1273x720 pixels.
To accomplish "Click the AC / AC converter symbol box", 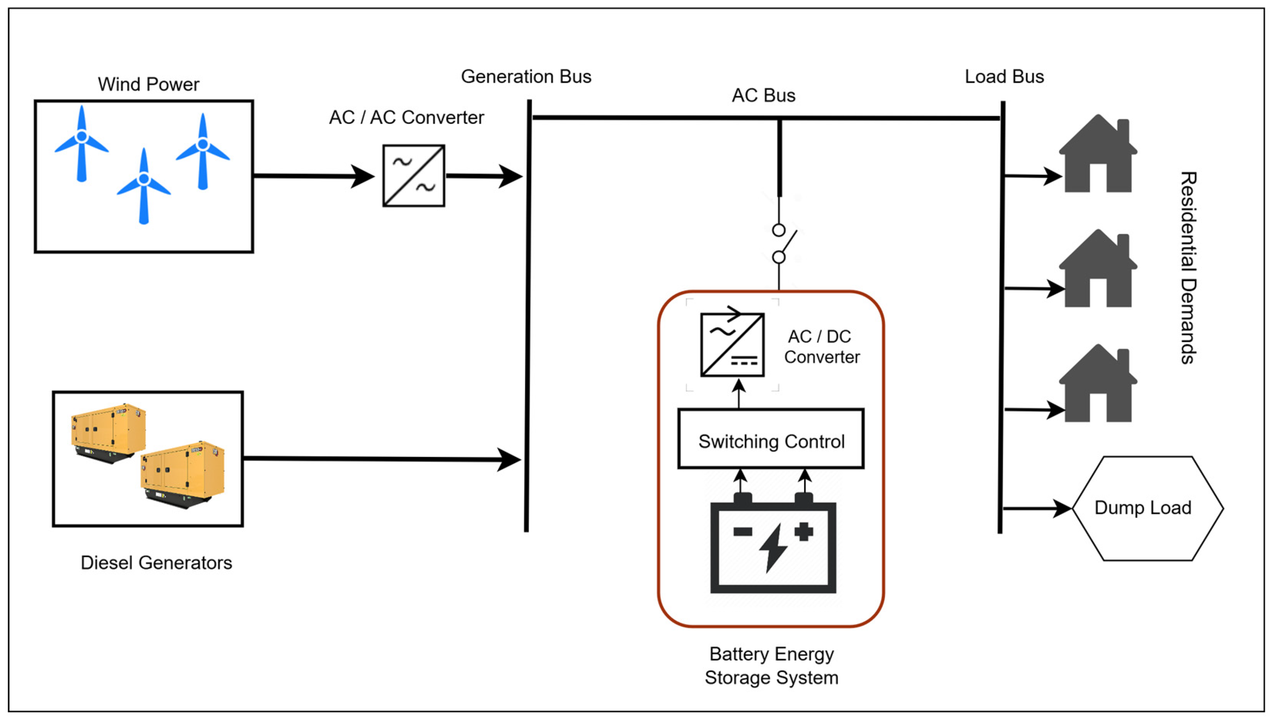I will point(414,175).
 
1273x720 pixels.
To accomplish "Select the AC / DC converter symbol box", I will point(732,345).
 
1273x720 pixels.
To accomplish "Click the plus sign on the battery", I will point(804,531).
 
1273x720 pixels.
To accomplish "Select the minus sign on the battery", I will point(743,531).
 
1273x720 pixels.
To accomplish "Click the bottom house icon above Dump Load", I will point(1098,384).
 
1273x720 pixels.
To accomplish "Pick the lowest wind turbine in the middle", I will point(144,186).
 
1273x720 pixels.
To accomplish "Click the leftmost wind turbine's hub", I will point(82,136).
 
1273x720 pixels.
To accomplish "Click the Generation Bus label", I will point(526,77).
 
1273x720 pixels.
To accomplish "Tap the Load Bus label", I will point(1004,77).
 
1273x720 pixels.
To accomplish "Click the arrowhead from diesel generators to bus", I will point(509,459).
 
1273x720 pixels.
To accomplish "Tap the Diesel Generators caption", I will point(156,563).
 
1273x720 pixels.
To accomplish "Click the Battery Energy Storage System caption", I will point(771,665).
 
